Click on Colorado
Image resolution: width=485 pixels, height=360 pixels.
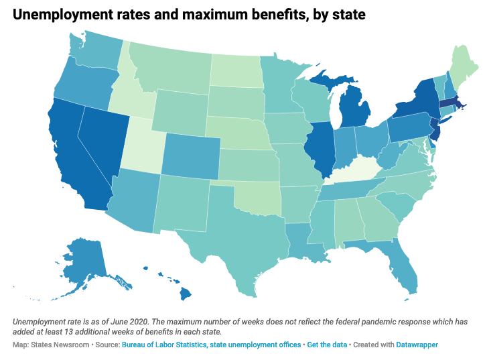[x=190, y=155]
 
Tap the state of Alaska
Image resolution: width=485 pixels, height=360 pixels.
[x=79, y=259]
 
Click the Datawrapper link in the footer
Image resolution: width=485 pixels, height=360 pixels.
[x=415, y=344]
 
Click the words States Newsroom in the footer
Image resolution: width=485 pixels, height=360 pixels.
[x=58, y=344]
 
